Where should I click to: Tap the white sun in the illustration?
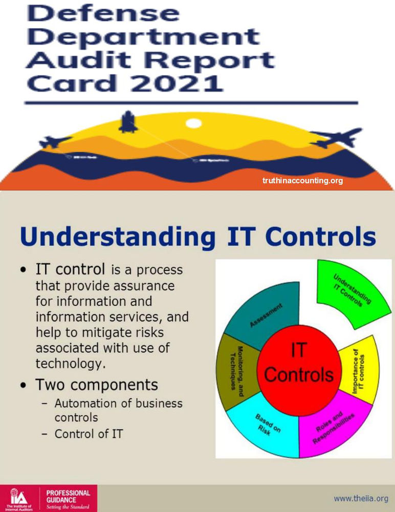[193, 123]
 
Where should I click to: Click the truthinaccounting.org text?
[302, 181]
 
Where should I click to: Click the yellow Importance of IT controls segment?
[363, 372]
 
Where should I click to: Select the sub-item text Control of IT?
[89, 433]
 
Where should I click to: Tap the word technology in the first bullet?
[70, 364]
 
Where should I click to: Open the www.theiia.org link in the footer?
[360, 498]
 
